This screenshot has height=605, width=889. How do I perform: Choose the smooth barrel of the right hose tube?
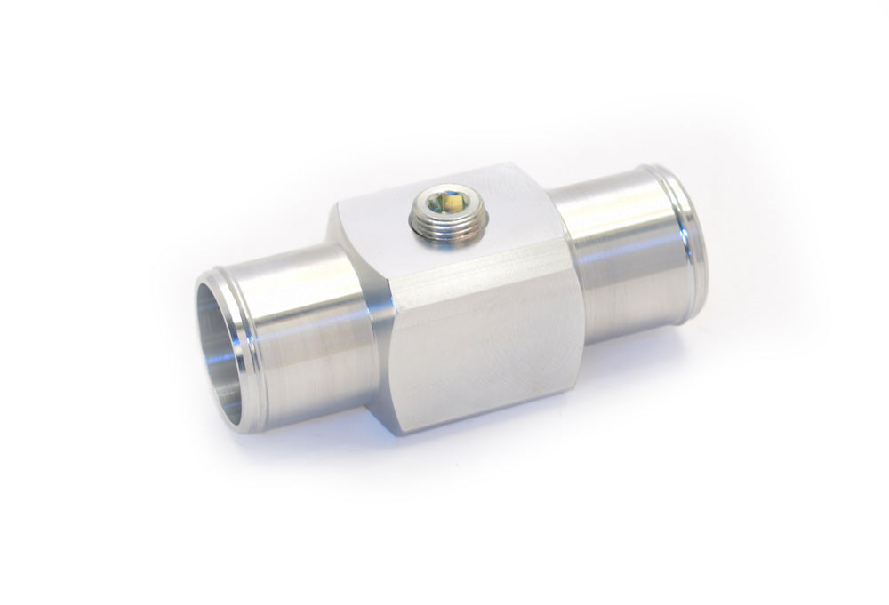[613, 249]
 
